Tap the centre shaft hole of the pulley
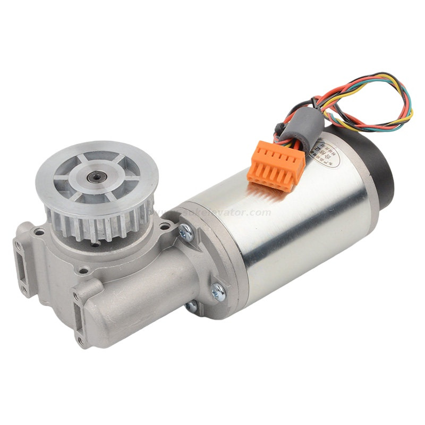click(97, 174)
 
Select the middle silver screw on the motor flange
click(218, 290)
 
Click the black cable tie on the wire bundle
click(278, 128)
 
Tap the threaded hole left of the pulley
click(38, 232)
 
